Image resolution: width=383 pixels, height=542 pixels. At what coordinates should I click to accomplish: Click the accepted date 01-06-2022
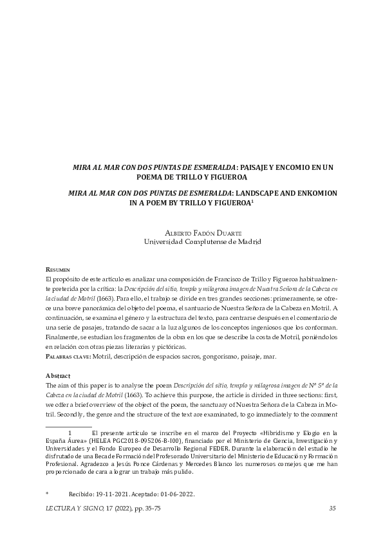pos(173,494)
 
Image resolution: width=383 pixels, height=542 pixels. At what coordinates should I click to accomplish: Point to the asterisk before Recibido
pos(48,494)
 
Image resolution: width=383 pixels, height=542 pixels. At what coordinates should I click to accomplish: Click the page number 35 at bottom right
pos(332,509)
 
